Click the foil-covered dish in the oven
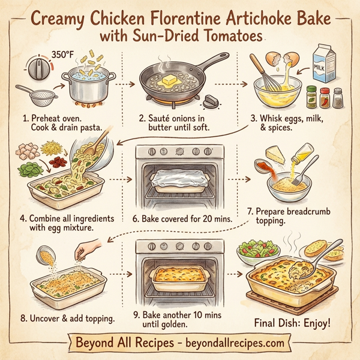(179, 179)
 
